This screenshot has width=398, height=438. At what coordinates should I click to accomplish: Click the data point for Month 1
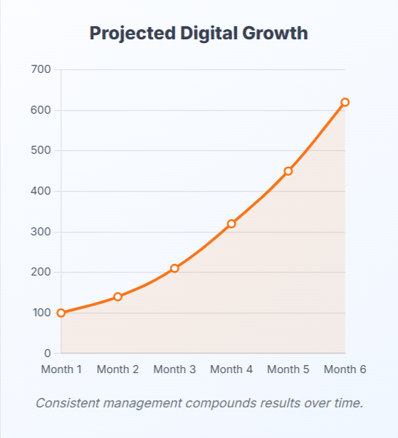tap(61, 313)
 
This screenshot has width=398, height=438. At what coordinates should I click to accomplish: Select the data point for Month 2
tap(117, 297)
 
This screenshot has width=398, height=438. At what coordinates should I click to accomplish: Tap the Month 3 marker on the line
tap(174, 268)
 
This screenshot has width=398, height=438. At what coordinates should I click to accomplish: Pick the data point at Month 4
tap(231, 224)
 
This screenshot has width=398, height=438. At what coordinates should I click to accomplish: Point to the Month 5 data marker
tap(288, 171)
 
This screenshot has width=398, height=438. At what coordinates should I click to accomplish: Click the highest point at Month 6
tap(345, 102)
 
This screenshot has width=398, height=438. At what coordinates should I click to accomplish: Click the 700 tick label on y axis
tap(41, 69)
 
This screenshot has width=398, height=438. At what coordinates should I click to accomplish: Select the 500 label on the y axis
tap(41, 151)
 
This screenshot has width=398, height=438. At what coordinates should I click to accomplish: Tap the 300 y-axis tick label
tap(41, 232)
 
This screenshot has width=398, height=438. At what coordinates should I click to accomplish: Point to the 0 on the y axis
tap(47, 353)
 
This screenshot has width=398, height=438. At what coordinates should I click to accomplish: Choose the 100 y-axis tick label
tap(41, 313)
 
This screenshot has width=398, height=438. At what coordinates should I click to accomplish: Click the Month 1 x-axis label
tap(61, 369)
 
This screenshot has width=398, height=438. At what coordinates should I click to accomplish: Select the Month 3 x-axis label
tap(174, 369)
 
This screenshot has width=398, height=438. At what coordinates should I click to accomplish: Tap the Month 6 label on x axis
tap(345, 369)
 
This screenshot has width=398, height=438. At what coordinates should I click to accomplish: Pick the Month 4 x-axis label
tap(231, 369)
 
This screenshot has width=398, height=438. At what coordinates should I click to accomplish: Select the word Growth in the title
tap(276, 34)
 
